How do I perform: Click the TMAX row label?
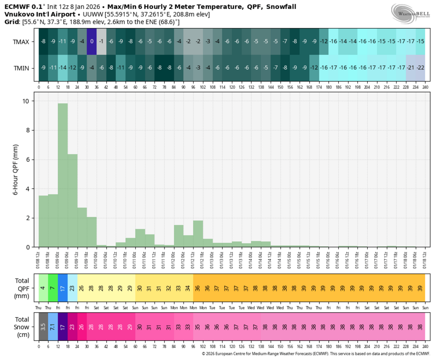pyautogui.click(x=21, y=42)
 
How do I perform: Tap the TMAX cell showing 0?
pyautogui.click(x=92, y=42)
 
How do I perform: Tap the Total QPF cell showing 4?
pyautogui.click(x=43, y=288)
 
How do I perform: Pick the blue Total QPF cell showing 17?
pyautogui.click(x=63, y=288)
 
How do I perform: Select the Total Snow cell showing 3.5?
pyautogui.click(x=43, y=327)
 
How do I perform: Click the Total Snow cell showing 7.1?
pyautogui.click(x=53, y=327)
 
